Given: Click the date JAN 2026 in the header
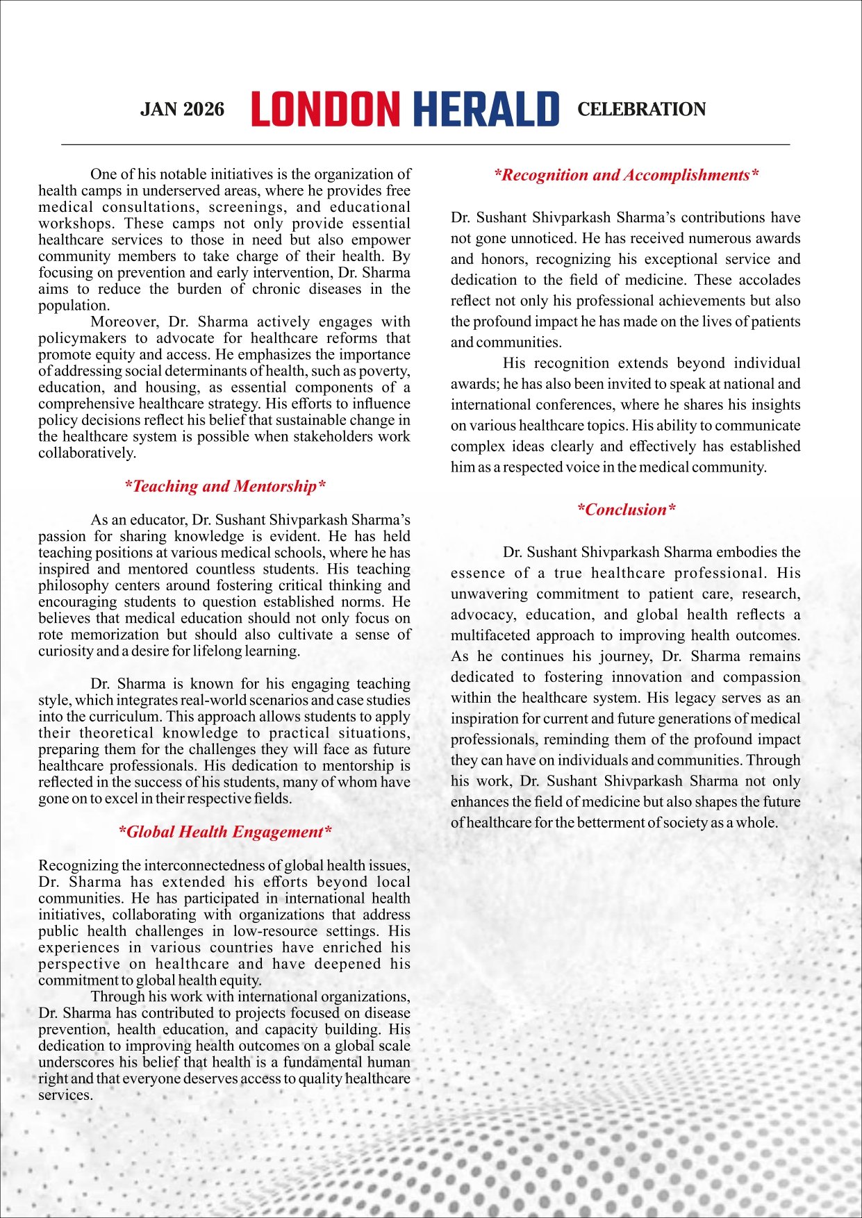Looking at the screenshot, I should pyautogui.click(x=182, y=110).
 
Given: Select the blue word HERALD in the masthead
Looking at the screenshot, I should pyautogui.click(x=486, y=110).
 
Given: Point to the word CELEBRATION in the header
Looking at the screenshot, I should pyautogui.click(x=641, y=110).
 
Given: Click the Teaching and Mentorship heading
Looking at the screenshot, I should pyautogui.click(x=224, y=486).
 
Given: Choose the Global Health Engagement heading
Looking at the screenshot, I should pyautogui.click(x=224, y=832).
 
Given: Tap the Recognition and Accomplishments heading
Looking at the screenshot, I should pyautogui.click(x=626, y=175).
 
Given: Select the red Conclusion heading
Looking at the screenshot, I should pyautogui.click(x=626, y=510).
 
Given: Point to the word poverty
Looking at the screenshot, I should pyautogui.click(x=384, y=371).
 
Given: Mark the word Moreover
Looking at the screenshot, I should pyautogui.click(x=122, y=322).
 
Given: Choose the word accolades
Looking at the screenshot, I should pyautogui.click(x=768, y=280).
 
